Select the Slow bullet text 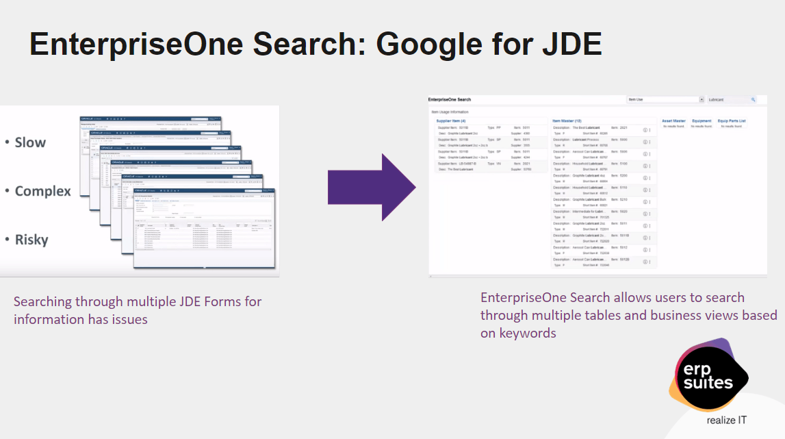(x=30, y=142)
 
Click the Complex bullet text (x=42, y=191)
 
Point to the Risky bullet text (x=31, y=240)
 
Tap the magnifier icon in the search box (x=754, y=99)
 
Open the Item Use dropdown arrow (x=702, y=99)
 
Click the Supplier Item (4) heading (x=450, y=121)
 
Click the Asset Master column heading (x=673, y=121)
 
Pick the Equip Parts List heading (x=732, y=121)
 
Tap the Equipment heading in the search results (x=702, y=121)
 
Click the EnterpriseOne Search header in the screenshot (x=450, y=100)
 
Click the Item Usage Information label (x=450, y=111)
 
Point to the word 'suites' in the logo (x=708, y=382)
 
